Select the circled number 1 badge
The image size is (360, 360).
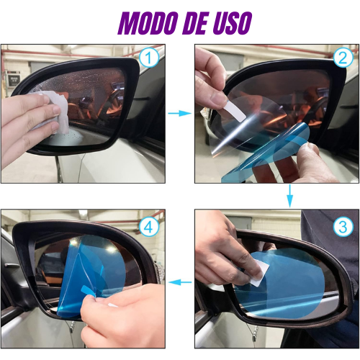click(x=149, y=58)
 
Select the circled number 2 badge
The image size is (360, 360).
click(x=343, y=58)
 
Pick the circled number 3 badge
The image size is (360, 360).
click(x=343, y=226)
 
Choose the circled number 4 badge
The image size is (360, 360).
click(x=149, y=226)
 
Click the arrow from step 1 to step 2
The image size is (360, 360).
click(x=180, y=113)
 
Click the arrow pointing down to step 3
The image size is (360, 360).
click(x=290, y=196)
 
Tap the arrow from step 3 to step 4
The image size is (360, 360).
click(x=180, y=282)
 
